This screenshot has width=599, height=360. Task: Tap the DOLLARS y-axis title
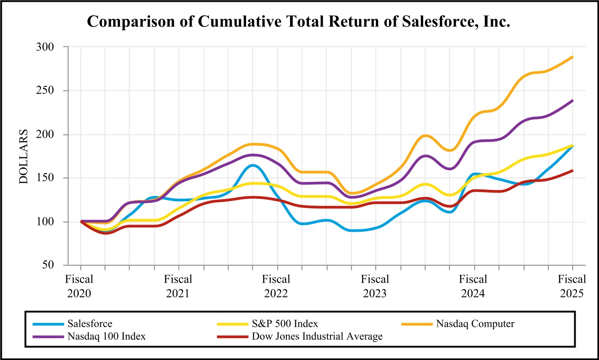tap(23, 157)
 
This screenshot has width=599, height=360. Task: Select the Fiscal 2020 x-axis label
tap(80, 287)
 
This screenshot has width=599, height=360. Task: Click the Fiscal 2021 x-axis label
tap(179, 287)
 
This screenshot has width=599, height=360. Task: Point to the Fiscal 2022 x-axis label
tap(277, 287)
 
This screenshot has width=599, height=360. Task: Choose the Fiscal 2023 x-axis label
tap(375, 287)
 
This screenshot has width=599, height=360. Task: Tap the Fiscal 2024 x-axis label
tap(474, 287)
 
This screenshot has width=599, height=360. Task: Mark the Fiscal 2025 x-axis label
tap(572, 287)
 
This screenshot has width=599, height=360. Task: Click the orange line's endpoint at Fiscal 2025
tap(572, 57)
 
